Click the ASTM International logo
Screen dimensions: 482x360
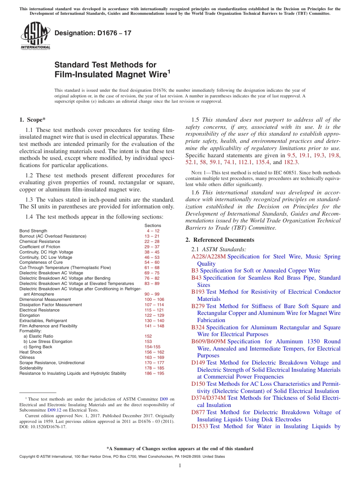pos(35,36)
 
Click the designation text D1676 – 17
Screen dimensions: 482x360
pos(93,33)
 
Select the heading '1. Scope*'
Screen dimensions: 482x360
pos(32,120)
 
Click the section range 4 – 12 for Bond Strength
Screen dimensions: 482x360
pos(153,231)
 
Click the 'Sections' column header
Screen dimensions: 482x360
pos(153,225)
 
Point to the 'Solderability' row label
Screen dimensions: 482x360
pos(31,368)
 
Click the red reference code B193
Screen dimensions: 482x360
pos(198,292)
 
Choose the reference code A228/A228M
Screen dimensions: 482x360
pos(208,257)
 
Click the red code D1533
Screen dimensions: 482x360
pos(200,426)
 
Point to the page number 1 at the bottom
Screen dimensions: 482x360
pos(180,466)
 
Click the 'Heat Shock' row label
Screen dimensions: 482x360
pos(31,352)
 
